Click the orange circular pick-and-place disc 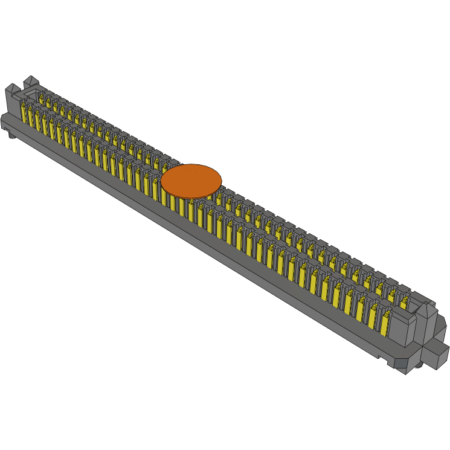(x=191, y=179)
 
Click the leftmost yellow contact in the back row (x=42, y=97)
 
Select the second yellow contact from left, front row (x=31, y=118)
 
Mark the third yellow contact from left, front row (x=38, y=121)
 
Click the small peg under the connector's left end (x=11, y=135)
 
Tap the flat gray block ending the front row (x=401, y=329)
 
